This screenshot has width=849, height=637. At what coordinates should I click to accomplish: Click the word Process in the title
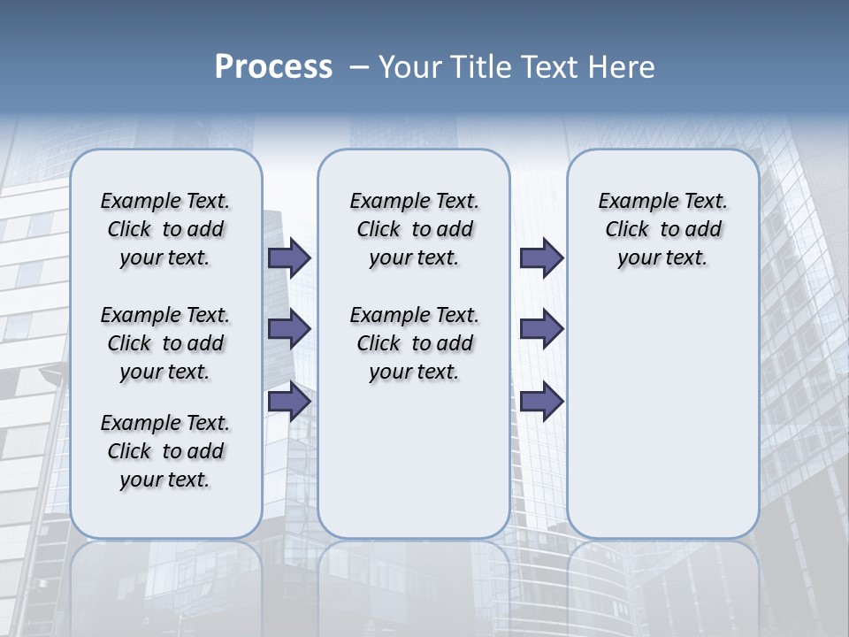(x=273, y=67)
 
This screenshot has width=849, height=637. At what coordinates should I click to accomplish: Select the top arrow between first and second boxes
(x=289, y=257)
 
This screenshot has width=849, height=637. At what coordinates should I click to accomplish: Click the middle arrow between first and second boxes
(x=289, y=329)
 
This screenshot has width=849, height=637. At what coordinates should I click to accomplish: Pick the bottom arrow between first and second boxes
(x=289, y=402)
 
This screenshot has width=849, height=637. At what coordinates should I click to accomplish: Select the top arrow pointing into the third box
(x=541, y=257)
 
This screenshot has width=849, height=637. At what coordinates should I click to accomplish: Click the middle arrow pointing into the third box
(x=541, y=329)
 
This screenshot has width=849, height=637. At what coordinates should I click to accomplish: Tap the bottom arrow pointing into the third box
(x=541, y=402)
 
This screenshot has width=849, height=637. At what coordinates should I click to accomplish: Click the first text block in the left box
(x=165, y=229)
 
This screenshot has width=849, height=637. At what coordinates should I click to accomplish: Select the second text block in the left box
(x=165, y=343)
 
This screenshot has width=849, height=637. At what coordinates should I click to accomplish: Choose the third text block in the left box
(x=165, y=451)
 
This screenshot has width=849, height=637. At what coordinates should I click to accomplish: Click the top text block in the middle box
(x=414, y=229)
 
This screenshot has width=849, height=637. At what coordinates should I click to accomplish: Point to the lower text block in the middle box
(x=414, y=343)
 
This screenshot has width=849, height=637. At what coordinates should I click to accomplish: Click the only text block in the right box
(x=662, y=229)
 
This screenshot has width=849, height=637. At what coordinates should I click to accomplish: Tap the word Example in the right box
(x=635, y=202)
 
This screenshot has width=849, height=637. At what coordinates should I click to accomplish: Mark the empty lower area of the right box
(x=662, y=416)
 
